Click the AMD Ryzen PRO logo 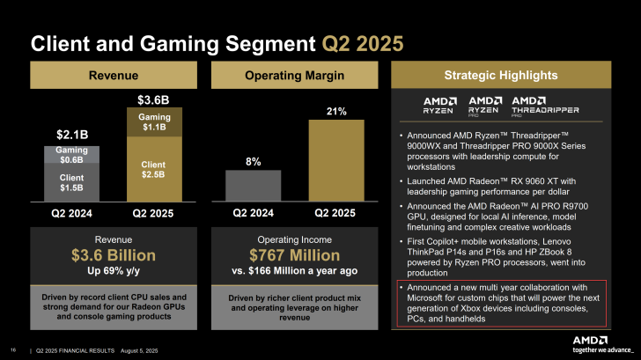[x=485, y=107]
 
